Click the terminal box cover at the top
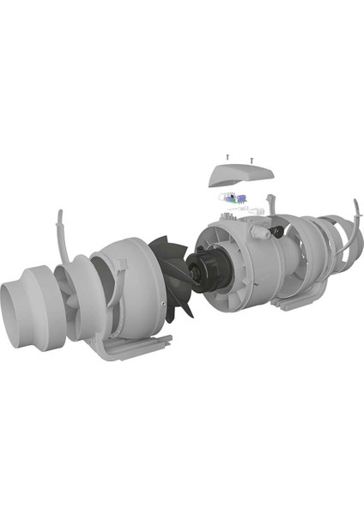pos(241,177)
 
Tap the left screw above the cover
pos(227,157)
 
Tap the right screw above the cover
pos(251,160)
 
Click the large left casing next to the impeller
pos(129,283)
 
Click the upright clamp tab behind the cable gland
pos(271,206)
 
